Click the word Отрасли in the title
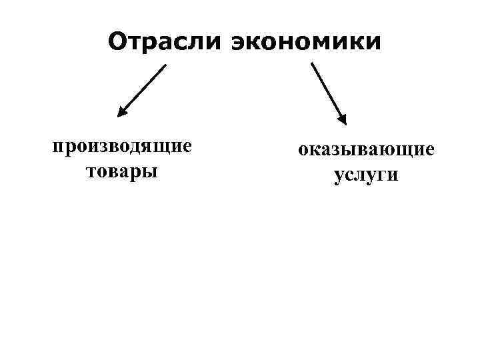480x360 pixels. tap(165, 42)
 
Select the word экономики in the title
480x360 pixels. tap(306, 42)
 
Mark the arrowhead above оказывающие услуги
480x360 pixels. tap(341, 119)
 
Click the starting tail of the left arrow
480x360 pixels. tap(165, 65)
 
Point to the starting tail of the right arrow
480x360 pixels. tap(312, 65)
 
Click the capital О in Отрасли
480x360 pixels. tap(118, 42)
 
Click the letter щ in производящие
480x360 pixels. tap(165, 147)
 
